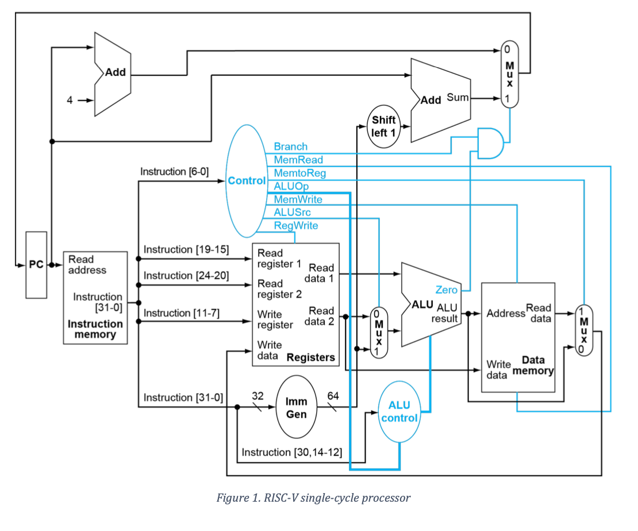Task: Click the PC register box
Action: pos(36,265)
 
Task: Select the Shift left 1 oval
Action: pos(383,125)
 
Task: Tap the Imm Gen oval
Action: pos(297,407)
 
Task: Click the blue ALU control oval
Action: pos(399,412)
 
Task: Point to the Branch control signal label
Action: pos(290,147)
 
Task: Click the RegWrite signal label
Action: pos(295,226)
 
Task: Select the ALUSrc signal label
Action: pos(292,213)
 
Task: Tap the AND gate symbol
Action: pos(490,143)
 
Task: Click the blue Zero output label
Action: pos(446,290)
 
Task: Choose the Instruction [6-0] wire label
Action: pos(174,172)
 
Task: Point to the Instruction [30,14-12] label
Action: pos(291,452)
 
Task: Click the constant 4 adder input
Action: pos(70,100)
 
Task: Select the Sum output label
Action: pos(458,98)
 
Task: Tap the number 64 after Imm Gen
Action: pos(333,395)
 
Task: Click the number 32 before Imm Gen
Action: pos(257,395)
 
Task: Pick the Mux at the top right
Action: pos(509,74)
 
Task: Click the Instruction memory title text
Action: pos(95,329)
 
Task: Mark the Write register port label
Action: pos(275,320)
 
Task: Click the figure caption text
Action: pos(313,498)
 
